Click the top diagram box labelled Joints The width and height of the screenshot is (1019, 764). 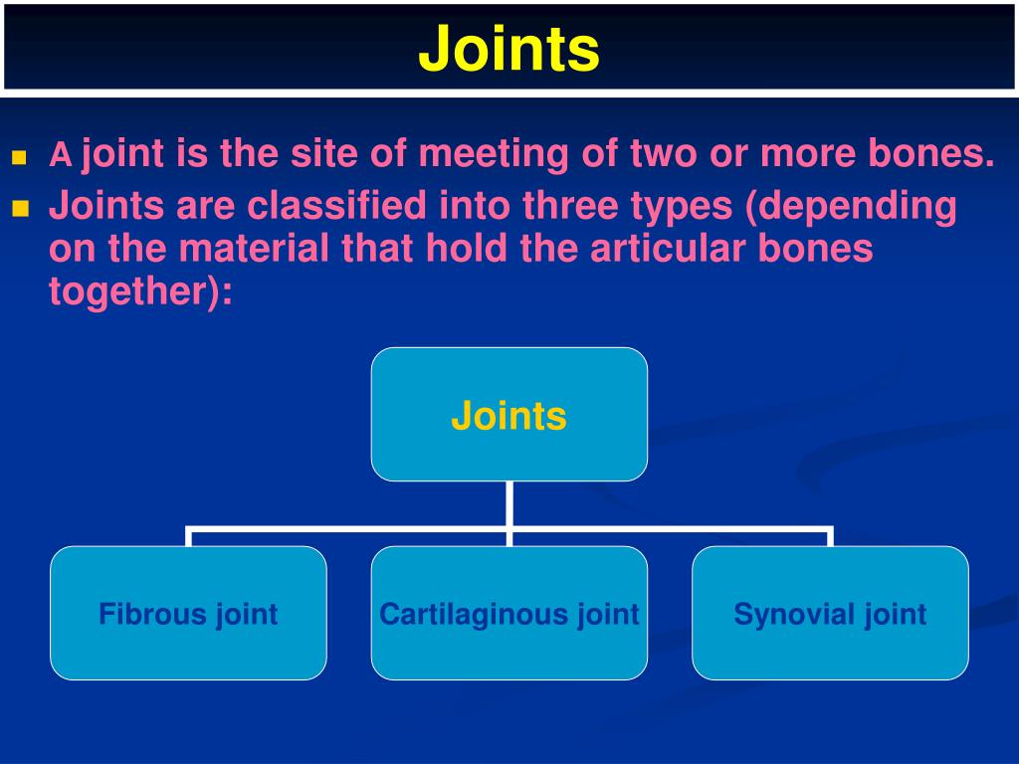(509, 415)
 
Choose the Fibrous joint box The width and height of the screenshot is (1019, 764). (188, 613)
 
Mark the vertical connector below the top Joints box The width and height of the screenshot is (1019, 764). (509, 503)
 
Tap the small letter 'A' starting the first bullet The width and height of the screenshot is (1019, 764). (62, 156)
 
